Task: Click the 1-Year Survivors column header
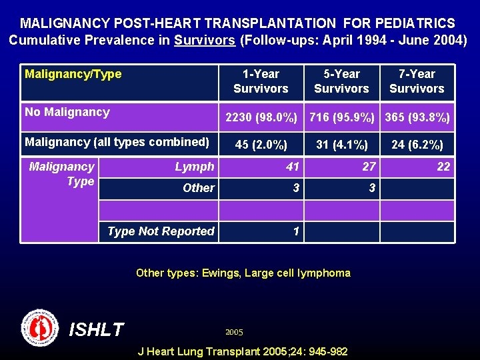pos(261,81)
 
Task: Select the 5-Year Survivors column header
pos(341,81)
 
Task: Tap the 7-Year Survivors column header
pos(417,81)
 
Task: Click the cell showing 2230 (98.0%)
pos(261,118)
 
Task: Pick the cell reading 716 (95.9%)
pos(342,118)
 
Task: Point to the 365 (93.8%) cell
pos(417,118)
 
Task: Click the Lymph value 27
pos(369,167)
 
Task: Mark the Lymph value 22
pos(443,167)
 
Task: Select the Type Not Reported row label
pos(161,231)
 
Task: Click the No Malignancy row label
pos(67,112)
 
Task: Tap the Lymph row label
pos(195,167)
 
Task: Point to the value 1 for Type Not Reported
pos(296,231)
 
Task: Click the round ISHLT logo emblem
pos(40,327)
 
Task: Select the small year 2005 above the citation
pos(234,332)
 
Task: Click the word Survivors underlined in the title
pos(205,39)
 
